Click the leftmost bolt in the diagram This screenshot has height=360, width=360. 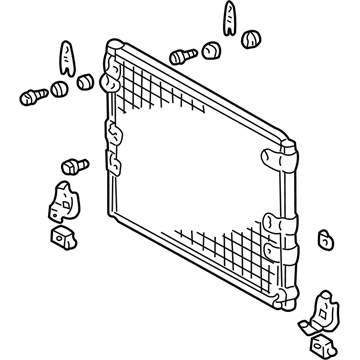[x=30, y=97]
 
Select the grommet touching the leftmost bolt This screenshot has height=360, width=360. [x=59, y=88]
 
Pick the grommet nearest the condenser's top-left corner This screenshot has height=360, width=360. [x=87, y=80]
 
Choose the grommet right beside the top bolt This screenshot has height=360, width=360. [x=210, y=50]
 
